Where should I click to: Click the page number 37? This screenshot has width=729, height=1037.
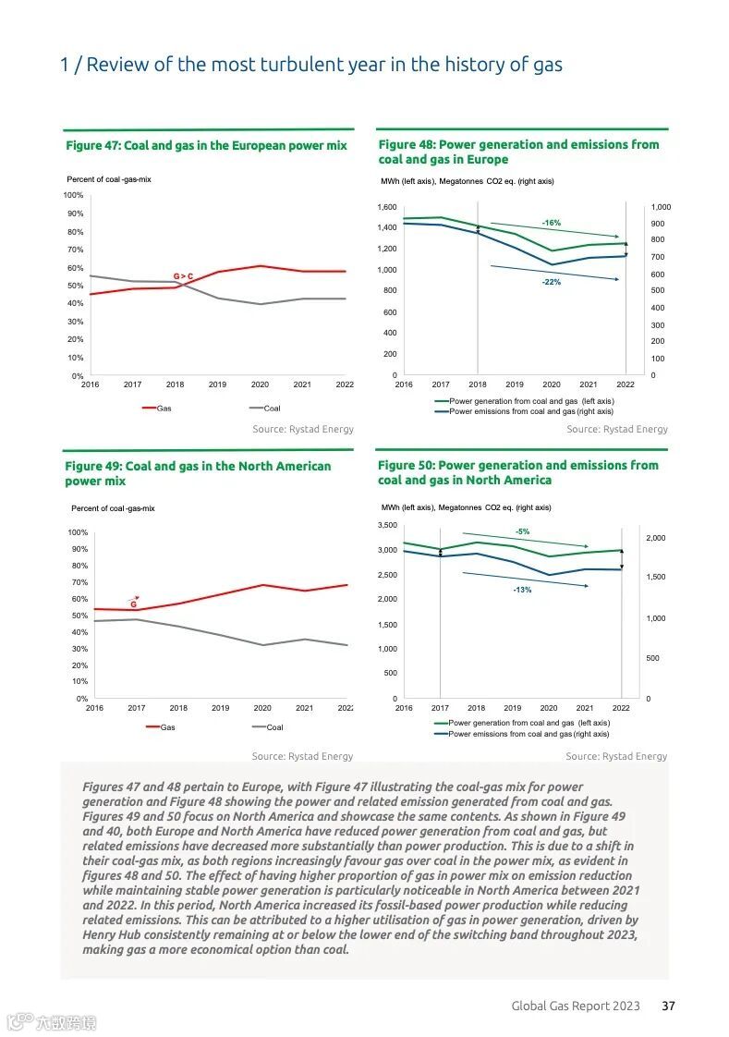coord(668,1006)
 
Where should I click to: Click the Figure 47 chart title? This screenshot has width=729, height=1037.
coord(206,146)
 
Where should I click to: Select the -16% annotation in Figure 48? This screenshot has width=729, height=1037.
coord(551,223)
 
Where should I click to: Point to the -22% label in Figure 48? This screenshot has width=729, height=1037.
coord(551,282)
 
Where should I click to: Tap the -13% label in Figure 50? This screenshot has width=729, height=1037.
coord(522,590)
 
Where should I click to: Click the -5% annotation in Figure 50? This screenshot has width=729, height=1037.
coord(522,531)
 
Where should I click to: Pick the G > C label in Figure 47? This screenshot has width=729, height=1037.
coord(183,276)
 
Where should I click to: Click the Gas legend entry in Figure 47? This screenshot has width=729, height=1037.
coord(164,409)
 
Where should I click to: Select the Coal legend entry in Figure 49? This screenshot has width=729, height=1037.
coord(274,727)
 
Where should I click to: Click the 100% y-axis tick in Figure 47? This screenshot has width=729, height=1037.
coord(73,195)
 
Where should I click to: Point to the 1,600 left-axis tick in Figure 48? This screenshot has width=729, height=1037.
coord(386,207)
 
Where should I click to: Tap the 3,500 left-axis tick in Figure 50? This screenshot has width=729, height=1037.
coord(386,525)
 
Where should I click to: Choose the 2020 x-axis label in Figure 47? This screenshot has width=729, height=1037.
coord(260,384)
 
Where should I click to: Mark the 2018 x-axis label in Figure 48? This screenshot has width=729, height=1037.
coord(478,384)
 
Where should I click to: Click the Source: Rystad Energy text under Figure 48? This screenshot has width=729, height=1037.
coord(616,429)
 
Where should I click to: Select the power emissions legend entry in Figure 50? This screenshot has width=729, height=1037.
coord(528,734)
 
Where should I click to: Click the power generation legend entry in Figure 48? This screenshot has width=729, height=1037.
coord(531,401)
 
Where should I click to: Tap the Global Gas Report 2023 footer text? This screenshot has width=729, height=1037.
coord(576,1006)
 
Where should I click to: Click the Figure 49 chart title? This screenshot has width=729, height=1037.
coord(197,473)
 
